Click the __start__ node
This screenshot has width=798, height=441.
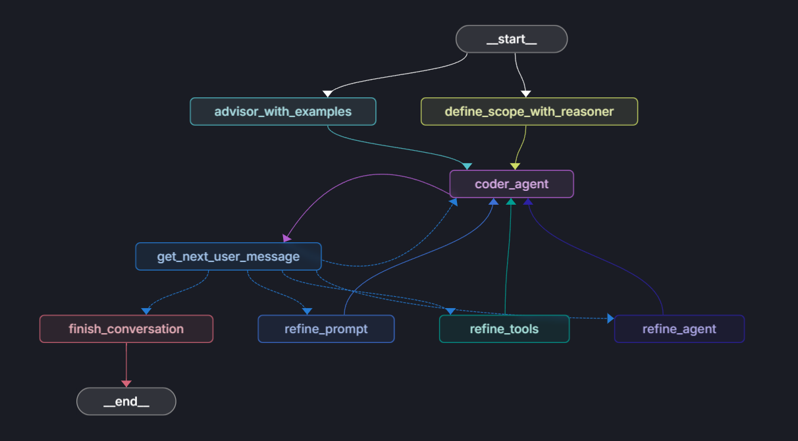[x=512, y=39]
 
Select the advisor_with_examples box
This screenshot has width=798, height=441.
[x=283, y=111]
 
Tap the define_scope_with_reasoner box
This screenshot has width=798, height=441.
[x=529, y=111]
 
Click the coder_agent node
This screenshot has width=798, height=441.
[x=512, y=184]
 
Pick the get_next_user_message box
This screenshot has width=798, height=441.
[x=228, y=256]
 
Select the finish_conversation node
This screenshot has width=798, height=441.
[x=126, y=328]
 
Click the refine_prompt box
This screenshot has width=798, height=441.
[x=326, y=328]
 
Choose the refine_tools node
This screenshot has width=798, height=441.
[x=504, y=328]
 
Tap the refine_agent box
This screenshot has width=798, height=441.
[x=679, y=328]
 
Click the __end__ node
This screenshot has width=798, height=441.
[x=126, y=401]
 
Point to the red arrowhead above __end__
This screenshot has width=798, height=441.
[x=126, y=383]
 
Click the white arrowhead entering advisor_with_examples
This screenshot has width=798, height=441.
[x=327, y=93]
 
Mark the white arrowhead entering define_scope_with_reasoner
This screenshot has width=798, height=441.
[x=525, y=93]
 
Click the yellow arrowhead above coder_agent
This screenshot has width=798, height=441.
[x=515, y=166]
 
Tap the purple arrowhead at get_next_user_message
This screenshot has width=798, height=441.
[x=287, y=238]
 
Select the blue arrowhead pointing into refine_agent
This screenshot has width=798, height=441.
[x=610, y=319]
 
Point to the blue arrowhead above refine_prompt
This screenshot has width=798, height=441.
[x=307, y=311]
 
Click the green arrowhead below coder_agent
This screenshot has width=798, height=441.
[x=510, y=201]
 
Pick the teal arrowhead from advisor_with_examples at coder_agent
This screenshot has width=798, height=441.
[x=467, y=166]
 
